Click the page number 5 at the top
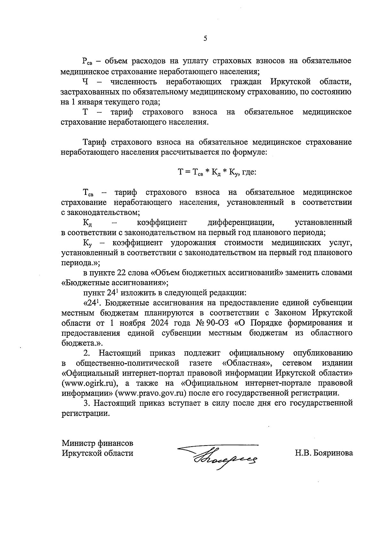pyautogui.click(x=205, y=38)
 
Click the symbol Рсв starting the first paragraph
pyautogui.click(x=87, y=61)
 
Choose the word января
pyautogui.click(x=87, y=102)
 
